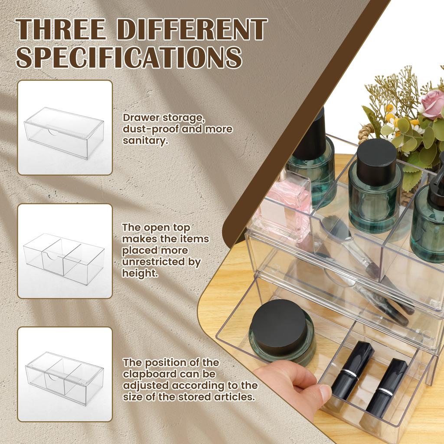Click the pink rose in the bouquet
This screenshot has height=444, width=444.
(x=432, y=104)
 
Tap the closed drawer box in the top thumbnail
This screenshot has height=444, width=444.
(x=64, y=132)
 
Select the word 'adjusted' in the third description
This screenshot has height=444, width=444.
(x=144, y=385)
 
